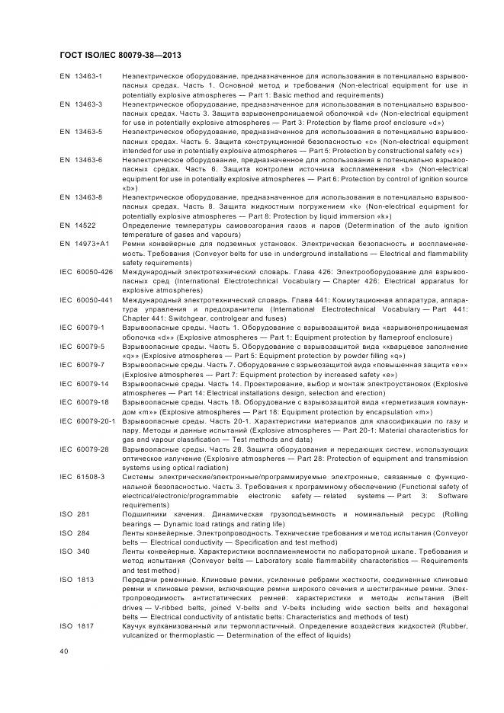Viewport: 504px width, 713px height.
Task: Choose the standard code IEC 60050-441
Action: point(86,299)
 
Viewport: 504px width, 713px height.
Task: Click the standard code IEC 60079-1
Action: point(82,326)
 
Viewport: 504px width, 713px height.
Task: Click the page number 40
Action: point(64,651)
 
